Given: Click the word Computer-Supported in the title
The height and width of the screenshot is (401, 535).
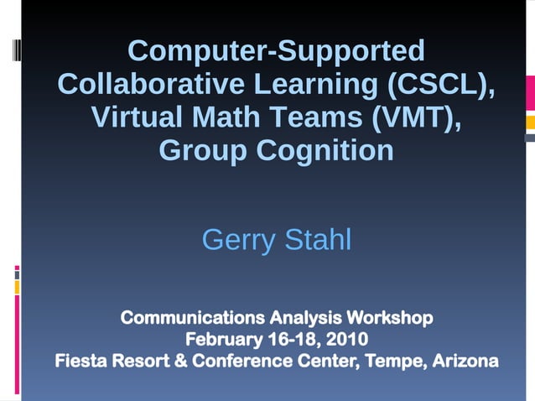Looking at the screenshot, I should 276,52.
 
